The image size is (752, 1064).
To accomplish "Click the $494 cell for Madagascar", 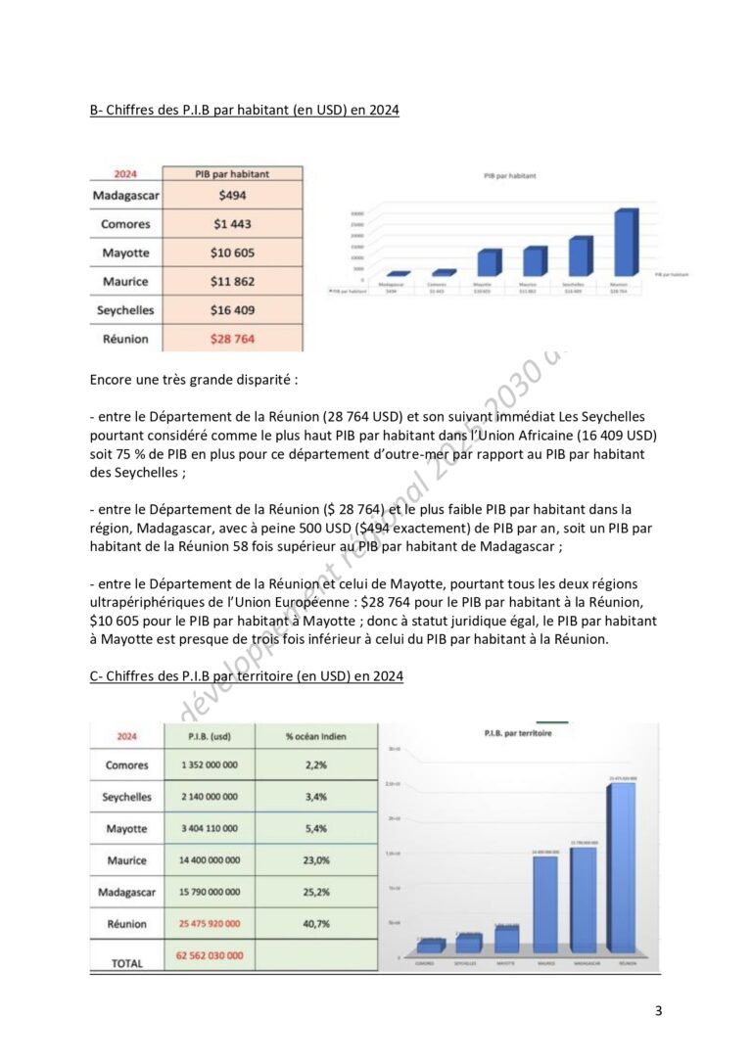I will (232, 195).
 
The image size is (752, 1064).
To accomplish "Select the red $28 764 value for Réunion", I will (232, 339).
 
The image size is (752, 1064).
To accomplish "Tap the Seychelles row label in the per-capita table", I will (124, 310).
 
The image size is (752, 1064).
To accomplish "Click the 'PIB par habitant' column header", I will (232, 174).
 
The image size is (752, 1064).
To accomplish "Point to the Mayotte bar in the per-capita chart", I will (487, 262).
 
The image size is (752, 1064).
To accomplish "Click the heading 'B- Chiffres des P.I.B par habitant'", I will (244, 111).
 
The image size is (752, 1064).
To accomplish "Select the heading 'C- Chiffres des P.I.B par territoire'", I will (246, 676).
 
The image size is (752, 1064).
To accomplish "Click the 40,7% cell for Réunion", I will (316, 924).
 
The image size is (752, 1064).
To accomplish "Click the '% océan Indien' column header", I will (316, 736).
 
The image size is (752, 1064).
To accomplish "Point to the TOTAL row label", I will (126, 963).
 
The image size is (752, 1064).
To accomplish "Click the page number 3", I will (657, 1011).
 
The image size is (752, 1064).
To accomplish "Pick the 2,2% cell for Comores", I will (316, 764).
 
